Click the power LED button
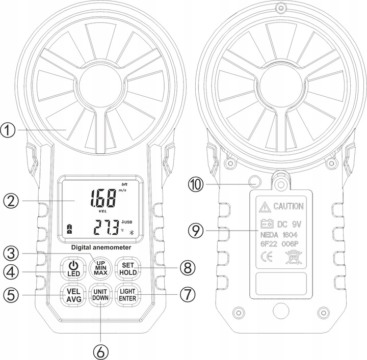[73, 268]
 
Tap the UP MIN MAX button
[100, 267]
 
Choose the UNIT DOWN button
[100, 295]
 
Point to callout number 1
[9, 131]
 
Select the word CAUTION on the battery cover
[289, 206]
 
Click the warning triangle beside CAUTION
[264, 206]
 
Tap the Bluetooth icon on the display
[129, 232]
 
